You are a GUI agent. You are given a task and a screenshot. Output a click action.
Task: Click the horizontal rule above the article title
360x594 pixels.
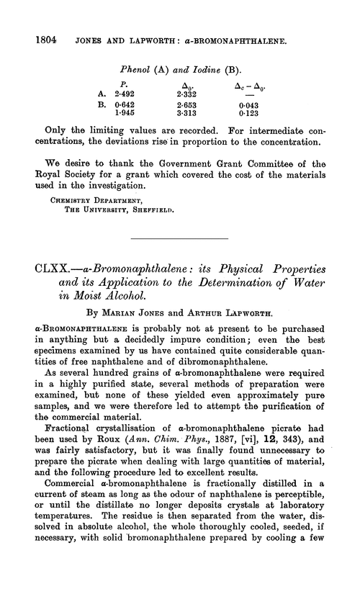[x=179, y=237]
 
